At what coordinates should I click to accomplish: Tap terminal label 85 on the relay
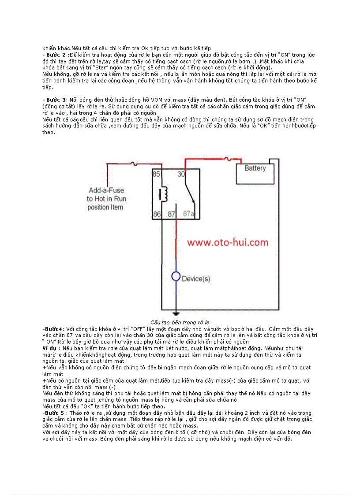(156, 174)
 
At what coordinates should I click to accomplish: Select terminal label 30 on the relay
(181, 174)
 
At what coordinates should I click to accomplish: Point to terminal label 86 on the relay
(156, 214)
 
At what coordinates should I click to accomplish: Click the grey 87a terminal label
(189, 214)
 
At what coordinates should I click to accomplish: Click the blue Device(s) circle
(176, 277)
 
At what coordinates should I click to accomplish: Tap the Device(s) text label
(196, 279)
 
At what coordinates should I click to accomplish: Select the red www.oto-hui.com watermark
(227, 242)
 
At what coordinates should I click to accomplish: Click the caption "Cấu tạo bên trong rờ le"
(180, 323)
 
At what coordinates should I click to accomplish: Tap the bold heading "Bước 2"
(55, 55)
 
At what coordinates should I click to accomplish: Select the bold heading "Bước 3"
(55, 100)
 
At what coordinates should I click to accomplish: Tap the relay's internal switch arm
(188, 194)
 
